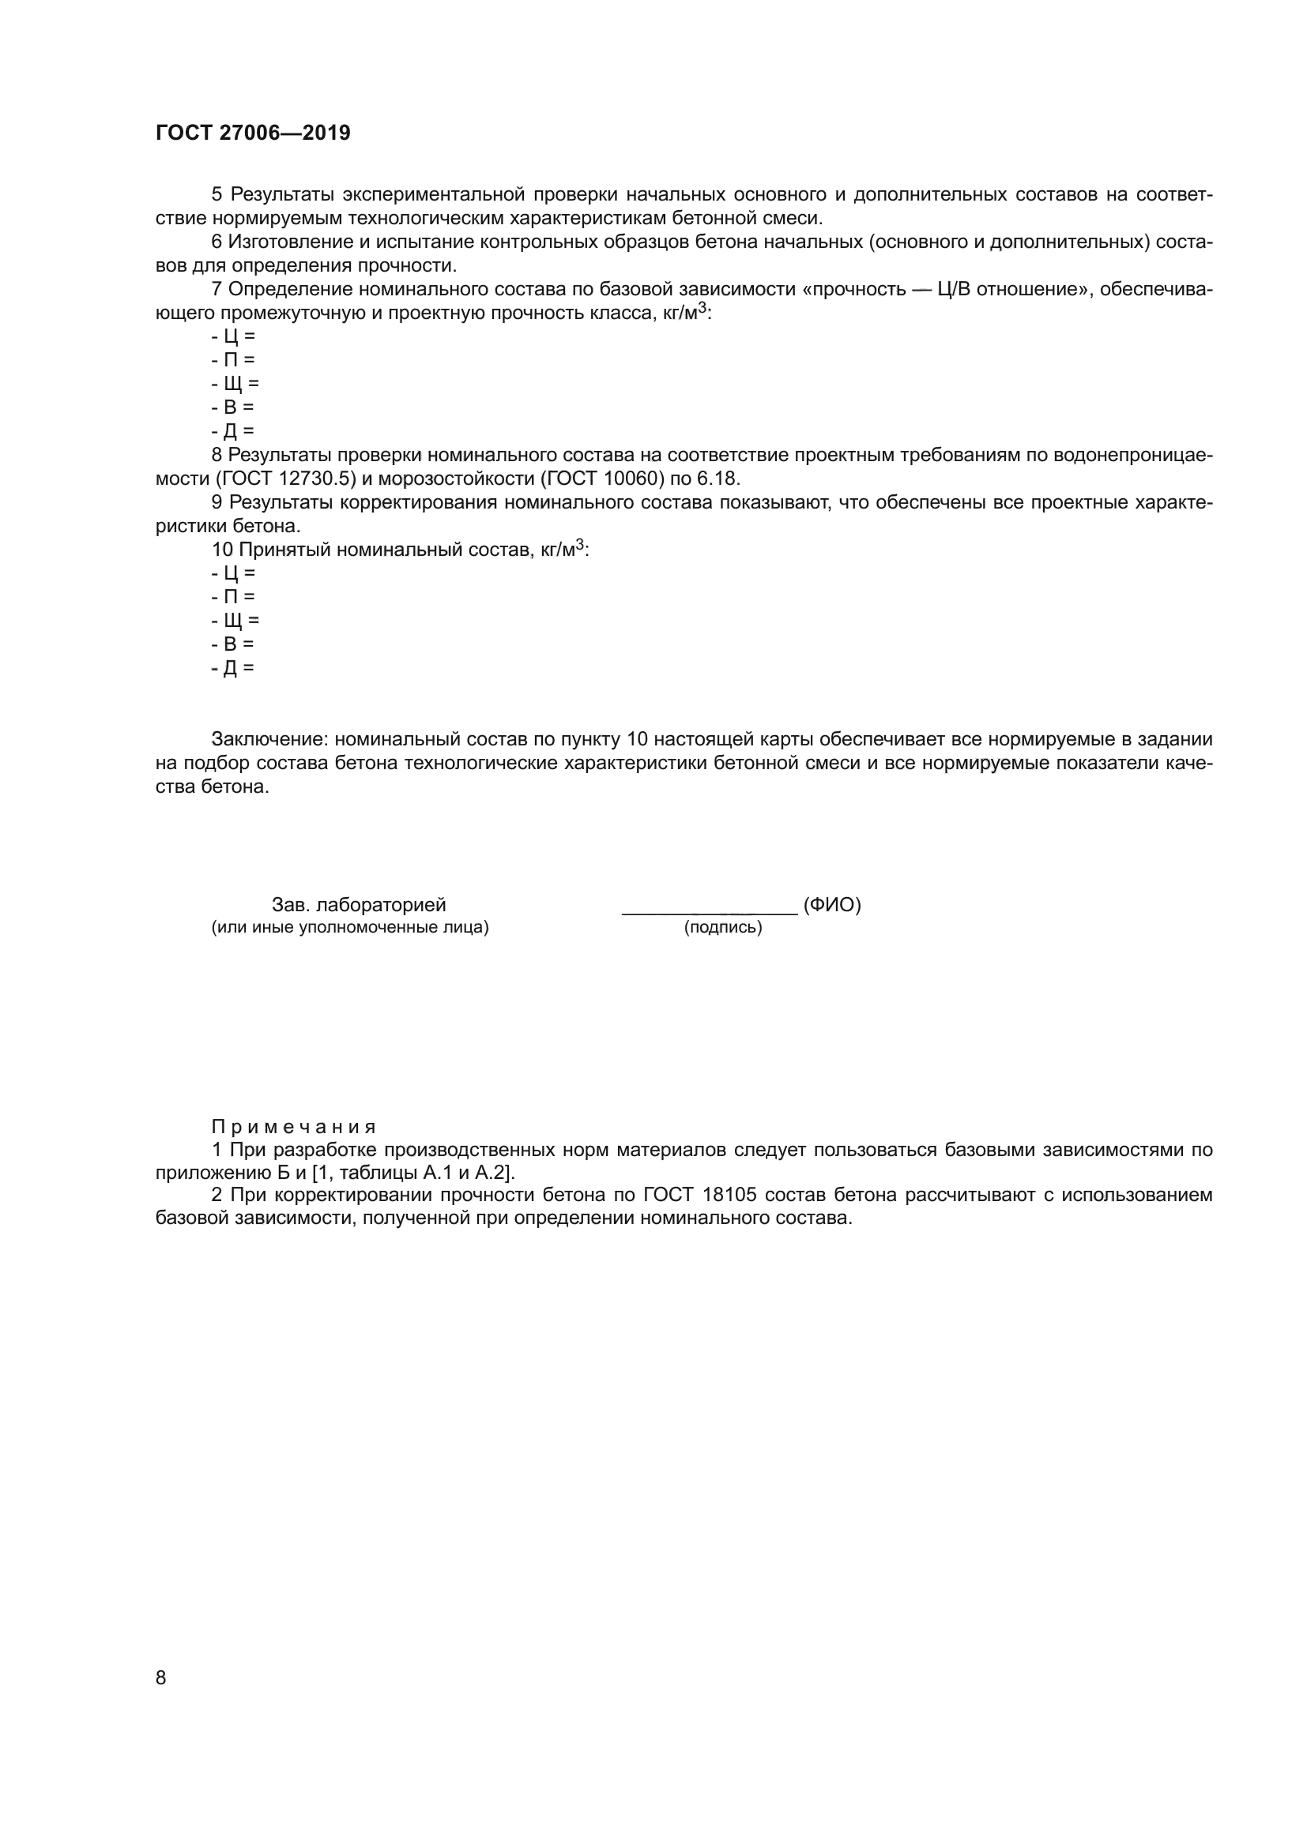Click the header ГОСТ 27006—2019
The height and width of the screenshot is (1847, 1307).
[253, 133]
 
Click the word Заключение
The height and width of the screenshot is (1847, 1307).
[269, 739]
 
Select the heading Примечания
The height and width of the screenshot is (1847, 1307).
[293, 1126]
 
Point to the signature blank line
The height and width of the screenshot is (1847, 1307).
[709, 912]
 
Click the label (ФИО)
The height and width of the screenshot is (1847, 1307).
[832, 905]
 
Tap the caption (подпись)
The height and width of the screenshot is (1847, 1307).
[723, 928]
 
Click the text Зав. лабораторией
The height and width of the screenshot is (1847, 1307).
[359, 905]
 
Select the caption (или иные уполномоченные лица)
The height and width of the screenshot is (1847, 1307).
[350, 928]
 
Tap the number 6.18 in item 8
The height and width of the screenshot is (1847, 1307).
[717, 479]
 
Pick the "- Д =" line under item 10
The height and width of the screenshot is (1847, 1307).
[232, 668]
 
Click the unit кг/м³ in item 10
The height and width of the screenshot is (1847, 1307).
[561, 550]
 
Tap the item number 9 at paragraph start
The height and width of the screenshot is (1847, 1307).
[217, 503]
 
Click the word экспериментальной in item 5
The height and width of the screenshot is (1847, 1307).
[435, 195]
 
